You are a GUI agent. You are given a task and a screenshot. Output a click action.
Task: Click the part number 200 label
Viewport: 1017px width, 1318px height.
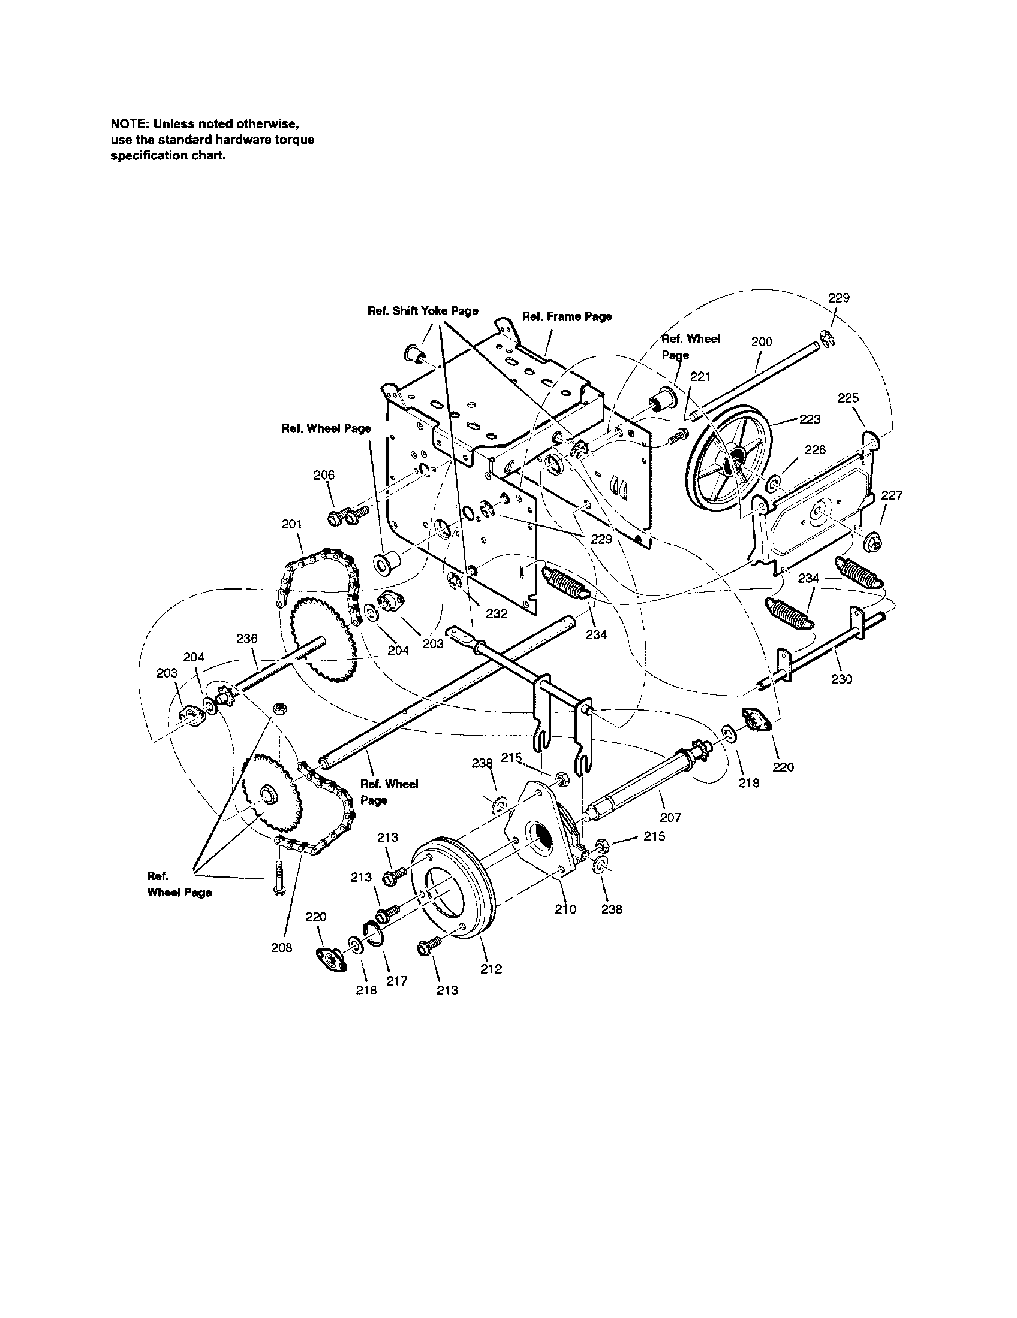pyautogui.click(x=762, y=342)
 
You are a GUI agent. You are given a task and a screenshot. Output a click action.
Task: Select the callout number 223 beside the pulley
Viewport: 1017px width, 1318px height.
pyautogui.click(x=810, y=419)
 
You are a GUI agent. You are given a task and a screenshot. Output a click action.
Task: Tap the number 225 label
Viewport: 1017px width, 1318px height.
pyautogui.click(x=848, y=398)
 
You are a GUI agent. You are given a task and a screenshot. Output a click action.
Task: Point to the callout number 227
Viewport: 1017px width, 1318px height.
pyautogui.click(x=892, y=495)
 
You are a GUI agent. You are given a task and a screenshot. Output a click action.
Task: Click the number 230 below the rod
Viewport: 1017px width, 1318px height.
pyautogui.click(x=841, y=679)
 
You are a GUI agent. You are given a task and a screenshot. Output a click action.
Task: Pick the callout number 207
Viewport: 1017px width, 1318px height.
pyautogui.click(x=670, y=818)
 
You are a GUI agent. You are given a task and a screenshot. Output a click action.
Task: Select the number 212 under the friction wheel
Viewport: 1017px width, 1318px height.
pyautogui.click(x=491, y=969)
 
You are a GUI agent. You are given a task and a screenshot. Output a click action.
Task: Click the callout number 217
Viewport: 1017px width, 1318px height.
pyautogui.click(x=397, y=981)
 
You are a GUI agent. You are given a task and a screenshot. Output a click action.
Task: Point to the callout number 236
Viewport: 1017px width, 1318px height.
pyautogui.click(x=247, y=639)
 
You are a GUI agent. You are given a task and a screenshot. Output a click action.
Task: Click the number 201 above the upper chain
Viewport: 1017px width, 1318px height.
pyautogui.click(x=291, y=524)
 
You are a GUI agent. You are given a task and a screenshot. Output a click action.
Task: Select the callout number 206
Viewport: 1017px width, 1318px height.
pyautogui.click(x=324, y=475)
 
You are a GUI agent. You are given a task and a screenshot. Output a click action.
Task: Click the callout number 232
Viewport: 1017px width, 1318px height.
pyautogui.click(x=497, y=613)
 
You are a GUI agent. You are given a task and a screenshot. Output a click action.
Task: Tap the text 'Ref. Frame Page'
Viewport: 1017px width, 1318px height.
pyautogui.click(x=566, y=316)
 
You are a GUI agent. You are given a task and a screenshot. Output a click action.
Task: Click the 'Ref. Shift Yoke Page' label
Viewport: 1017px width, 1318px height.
pyautogui.click(x=423, y=311)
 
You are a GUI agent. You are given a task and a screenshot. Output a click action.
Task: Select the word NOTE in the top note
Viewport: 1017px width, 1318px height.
pyautogui.click(x=130, y=124)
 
